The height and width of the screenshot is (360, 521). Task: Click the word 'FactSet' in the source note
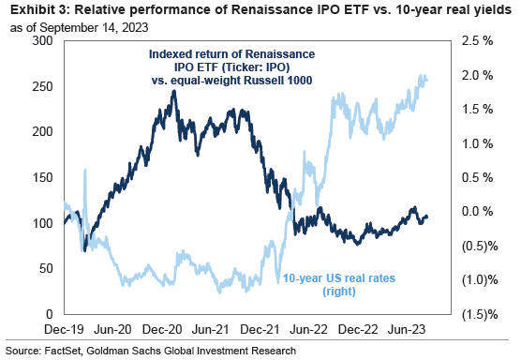[67, 350]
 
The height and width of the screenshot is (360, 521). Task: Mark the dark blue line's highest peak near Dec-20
[172, 91]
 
